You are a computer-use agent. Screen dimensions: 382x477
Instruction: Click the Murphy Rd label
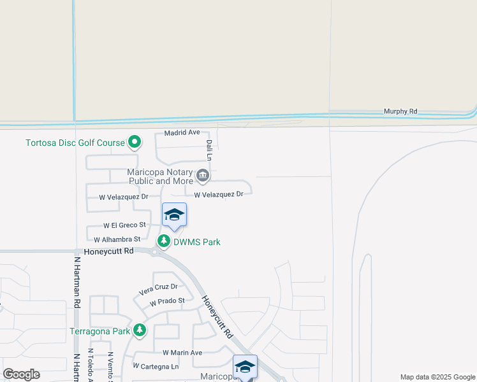[400, 111]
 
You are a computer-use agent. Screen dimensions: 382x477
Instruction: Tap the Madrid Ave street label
[182, 133]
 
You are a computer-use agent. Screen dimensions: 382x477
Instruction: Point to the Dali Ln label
[209, 150]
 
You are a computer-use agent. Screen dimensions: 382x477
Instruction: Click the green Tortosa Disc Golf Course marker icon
[134, 142]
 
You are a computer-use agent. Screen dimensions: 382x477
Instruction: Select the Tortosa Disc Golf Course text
[75, 143]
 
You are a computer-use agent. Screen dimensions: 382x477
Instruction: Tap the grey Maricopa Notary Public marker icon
[203, 174]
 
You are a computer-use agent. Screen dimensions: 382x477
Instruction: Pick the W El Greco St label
[124, 225]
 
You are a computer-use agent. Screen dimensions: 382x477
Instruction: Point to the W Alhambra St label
[117, 240]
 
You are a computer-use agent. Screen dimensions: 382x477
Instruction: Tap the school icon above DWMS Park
[174, 215]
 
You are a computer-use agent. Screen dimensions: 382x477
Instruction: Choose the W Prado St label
[167, 301]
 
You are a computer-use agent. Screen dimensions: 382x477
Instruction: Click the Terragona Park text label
[100, 331]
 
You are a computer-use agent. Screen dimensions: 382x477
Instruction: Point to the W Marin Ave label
[182, 353]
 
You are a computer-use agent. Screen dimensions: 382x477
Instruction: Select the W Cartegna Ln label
[156, 367]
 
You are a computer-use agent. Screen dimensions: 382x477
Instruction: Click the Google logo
[21, 374]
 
